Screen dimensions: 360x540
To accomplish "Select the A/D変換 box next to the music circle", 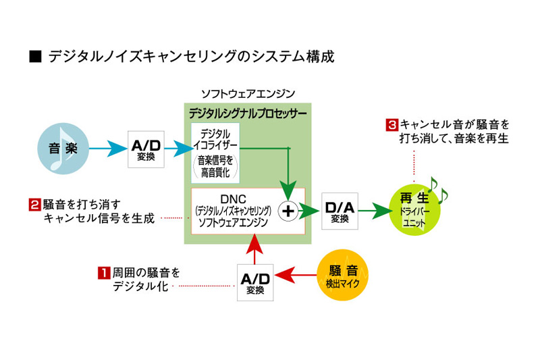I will [x=146, y=148].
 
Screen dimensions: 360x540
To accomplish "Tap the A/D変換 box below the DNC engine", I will [x=254, y=282].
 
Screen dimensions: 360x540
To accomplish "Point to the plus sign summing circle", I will [x=288, y=211].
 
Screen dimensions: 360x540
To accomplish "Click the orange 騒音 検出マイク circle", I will [x=344, y=275].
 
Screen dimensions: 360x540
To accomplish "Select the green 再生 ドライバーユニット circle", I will [x=414, y=211].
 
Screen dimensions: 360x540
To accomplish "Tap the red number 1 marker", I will [x=104, y=274].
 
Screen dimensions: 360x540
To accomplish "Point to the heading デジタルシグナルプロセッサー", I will [x=247, y=112].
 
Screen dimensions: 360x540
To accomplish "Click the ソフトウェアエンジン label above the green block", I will [x=248, y=93].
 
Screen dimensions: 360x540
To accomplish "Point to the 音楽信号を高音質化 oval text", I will [x=215, y=166].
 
